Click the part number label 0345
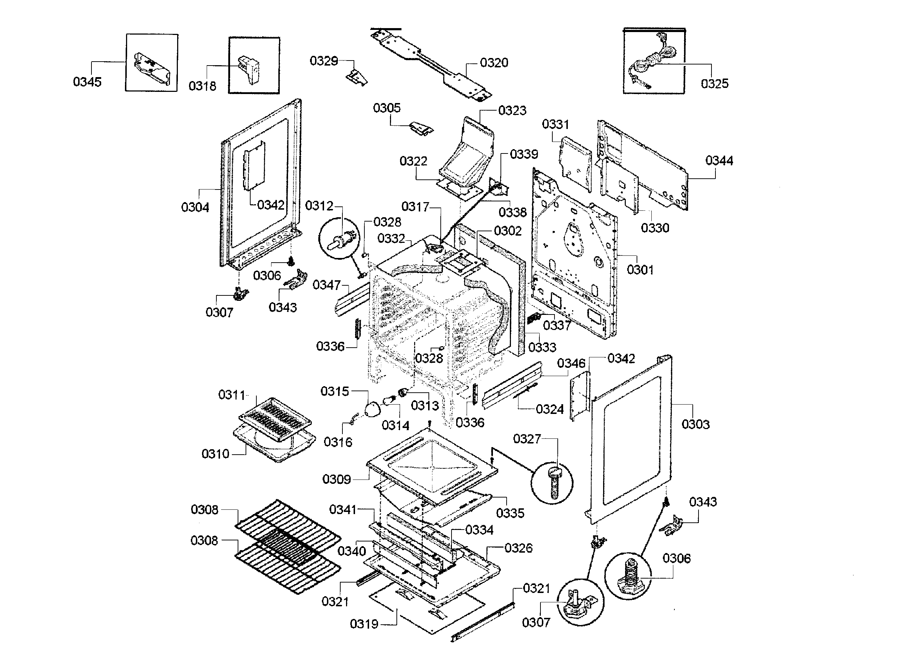(87, 82)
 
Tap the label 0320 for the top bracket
(494, 63)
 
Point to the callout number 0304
(195, 208)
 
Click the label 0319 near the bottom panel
(364, 624)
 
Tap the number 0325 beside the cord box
(714, 84)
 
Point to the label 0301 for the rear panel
(640, 270)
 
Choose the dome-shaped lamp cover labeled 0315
(372, 409)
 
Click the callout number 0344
(719, 161)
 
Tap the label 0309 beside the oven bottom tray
(336, 480)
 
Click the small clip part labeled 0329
(356, 77)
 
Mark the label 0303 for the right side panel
(695, 424)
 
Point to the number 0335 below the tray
(510, 513)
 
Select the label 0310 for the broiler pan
(215, 454)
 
